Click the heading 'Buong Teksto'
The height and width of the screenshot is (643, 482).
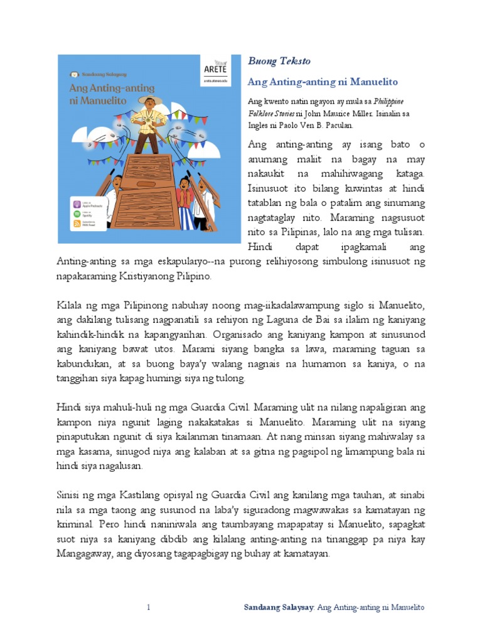(x=279, y=61)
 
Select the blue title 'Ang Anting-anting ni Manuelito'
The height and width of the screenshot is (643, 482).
(x=323, y=82)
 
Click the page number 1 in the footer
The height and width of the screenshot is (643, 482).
(x=149, y=608)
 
